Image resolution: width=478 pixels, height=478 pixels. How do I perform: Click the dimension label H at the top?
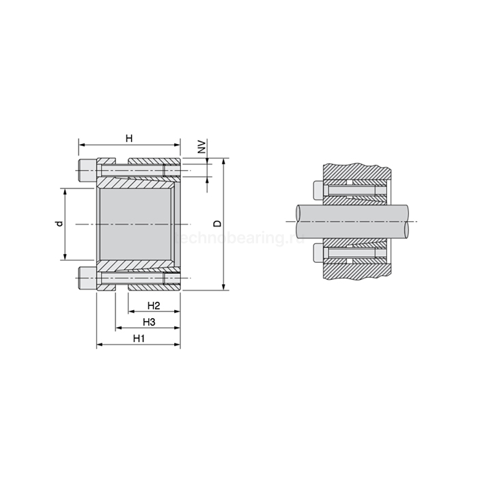(129, 139)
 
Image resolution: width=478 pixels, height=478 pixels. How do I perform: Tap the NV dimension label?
(201, 147)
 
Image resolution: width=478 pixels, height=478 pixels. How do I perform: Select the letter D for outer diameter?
(217, 224)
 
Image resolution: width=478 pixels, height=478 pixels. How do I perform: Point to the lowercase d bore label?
(59, 223)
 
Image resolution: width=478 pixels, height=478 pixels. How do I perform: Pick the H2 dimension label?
(154, 305)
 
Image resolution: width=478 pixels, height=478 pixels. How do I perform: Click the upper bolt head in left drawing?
(87, 170)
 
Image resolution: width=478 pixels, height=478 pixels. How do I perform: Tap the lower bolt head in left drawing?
(87, 278)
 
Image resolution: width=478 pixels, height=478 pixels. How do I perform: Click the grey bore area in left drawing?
(135, 224)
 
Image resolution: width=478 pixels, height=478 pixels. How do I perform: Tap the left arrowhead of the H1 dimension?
(100, 346)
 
